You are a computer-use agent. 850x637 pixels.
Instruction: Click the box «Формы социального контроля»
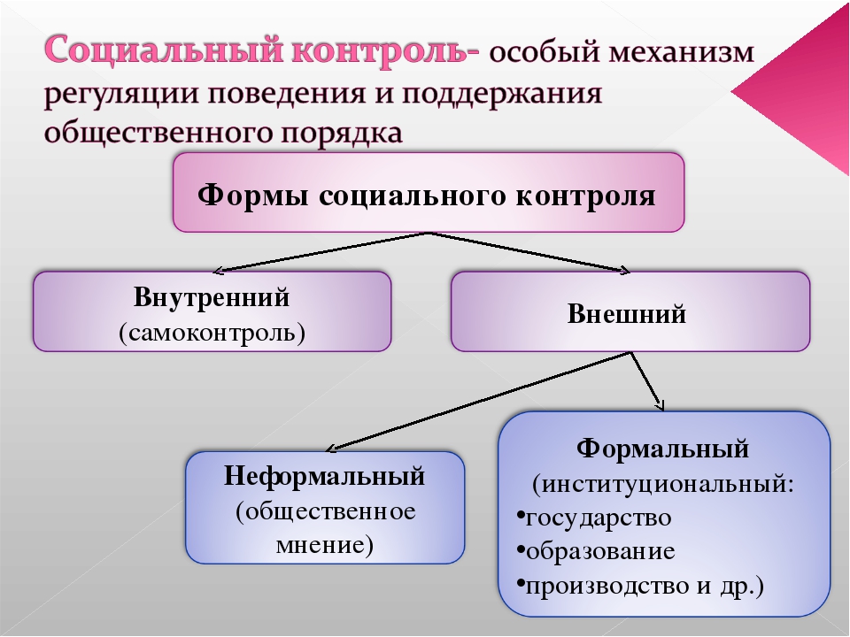[x=429, y=192]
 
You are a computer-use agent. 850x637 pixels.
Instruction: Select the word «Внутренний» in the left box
[x=212, y=297]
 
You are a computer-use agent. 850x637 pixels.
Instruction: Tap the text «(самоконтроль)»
[x=212, y=332]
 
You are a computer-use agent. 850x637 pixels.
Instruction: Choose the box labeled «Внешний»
[x=630, y=311]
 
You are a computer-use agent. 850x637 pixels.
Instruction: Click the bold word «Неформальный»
[x=324, y=476]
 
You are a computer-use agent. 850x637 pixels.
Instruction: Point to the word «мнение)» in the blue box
[x=325, y=544]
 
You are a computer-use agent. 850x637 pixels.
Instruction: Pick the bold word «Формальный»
[x=662, y=448]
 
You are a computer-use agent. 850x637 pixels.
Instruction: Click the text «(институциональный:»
[x=663, y=483]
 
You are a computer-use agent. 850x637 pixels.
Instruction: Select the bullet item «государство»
[x=595, y=517]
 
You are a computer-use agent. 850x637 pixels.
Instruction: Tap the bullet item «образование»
[x=596, y=551]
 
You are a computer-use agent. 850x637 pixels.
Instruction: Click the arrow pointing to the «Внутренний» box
[x=321, y=252]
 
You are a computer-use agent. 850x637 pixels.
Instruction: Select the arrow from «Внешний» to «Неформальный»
[x=478, y=401]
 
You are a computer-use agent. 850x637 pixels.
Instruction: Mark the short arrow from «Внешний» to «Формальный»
[x=647, y=381]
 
